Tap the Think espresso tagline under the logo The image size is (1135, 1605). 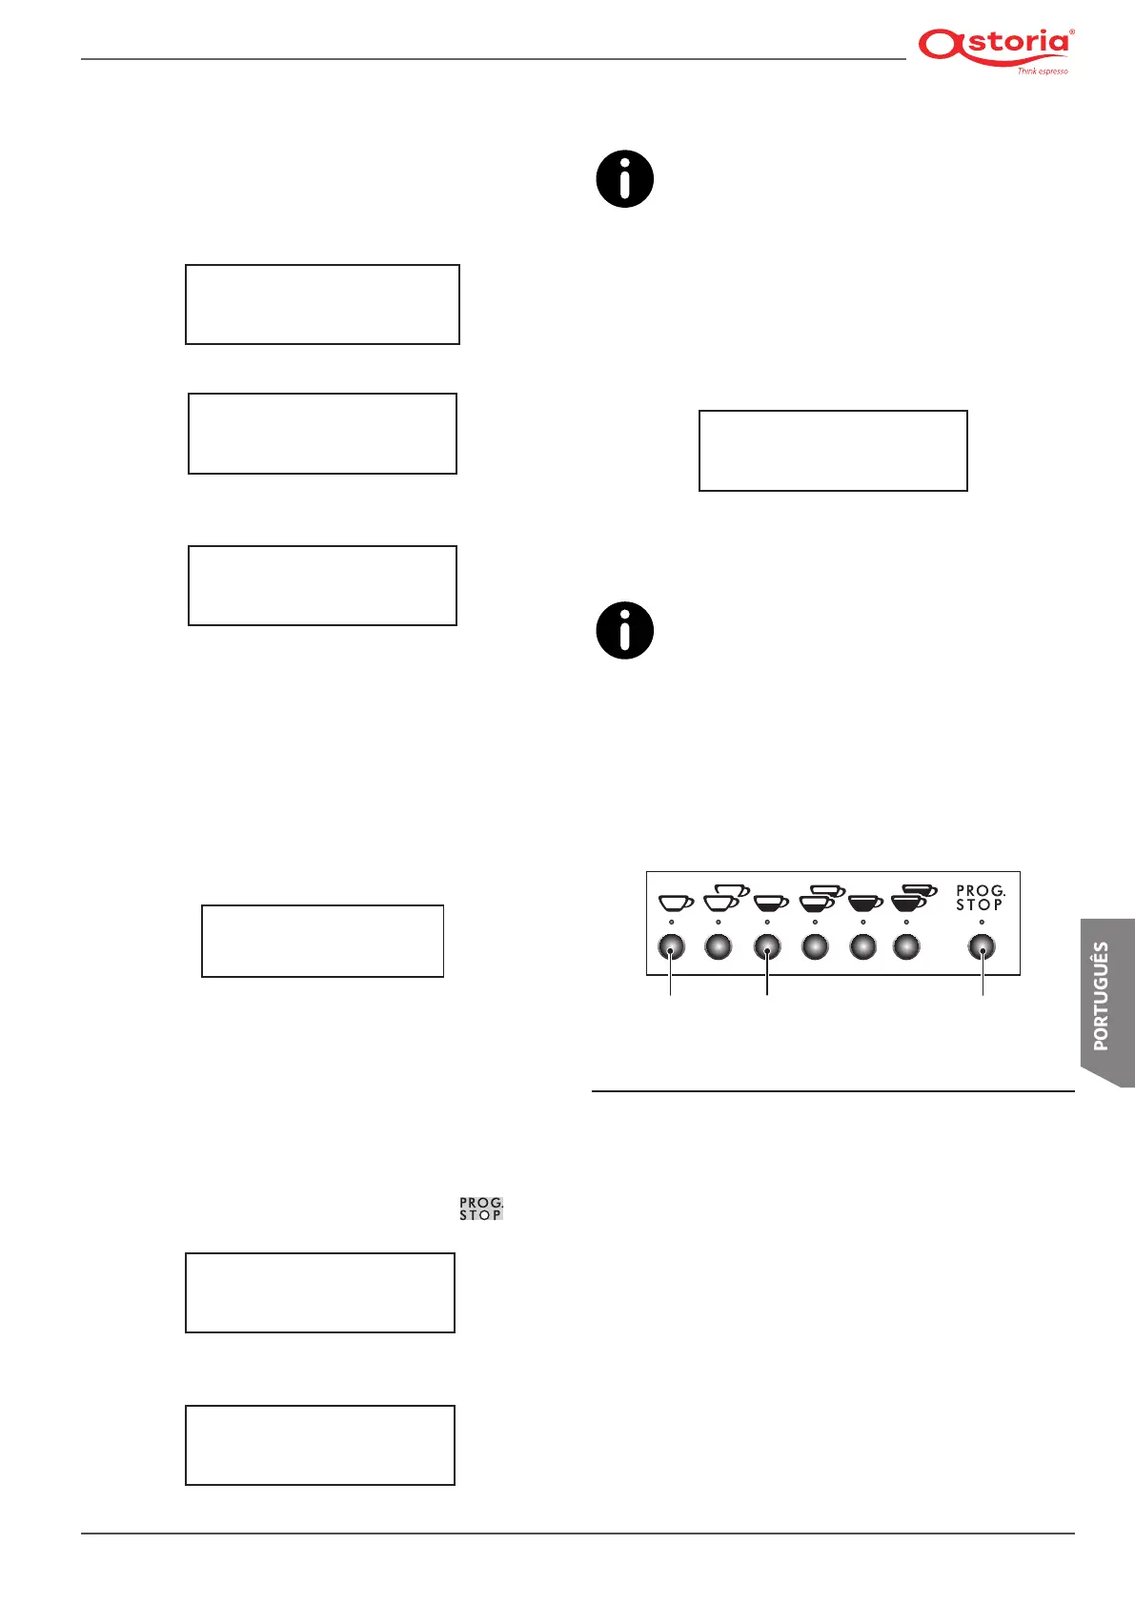point(1042,71)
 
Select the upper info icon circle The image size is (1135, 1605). point(625,179)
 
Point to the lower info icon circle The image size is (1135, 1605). point(625,630)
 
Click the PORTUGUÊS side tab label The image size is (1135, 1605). point(1102,996)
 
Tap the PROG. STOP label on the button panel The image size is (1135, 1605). point(981,899)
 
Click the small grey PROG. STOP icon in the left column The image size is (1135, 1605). point(481,1209)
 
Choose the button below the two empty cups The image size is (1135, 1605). point(719,946)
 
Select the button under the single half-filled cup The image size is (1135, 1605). point(767,946)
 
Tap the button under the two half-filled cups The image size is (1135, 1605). point(816,946)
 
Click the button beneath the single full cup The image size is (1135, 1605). point(863,946)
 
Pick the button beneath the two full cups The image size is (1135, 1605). point(906,946)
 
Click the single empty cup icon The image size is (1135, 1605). point(676,902)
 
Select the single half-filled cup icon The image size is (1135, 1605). point(771,902)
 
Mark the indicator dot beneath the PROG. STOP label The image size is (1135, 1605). point(982,923)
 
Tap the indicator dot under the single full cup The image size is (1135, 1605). point(863,923)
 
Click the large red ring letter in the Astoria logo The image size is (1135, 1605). point(940,45)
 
